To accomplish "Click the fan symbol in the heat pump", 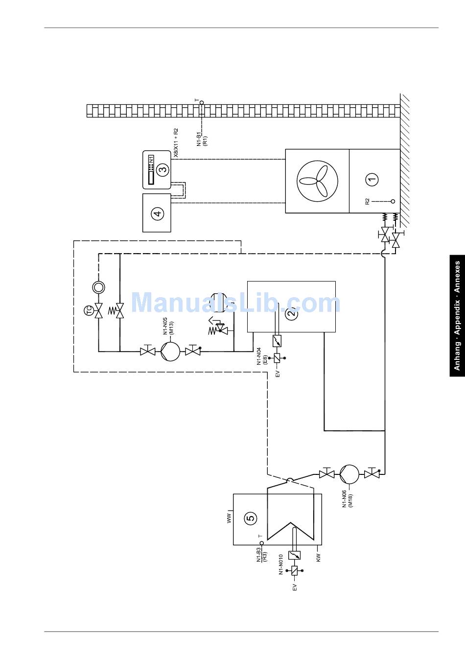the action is [x=317, y=181].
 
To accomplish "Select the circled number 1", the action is [x=372, y=179].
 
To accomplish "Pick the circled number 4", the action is [x=158, y=213].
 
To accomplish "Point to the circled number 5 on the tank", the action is [x=251, y=518].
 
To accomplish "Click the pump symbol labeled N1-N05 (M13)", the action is [x=170, y=352].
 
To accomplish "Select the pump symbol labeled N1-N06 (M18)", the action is [x=349, y=474].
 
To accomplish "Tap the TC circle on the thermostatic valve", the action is [x=88, y=310].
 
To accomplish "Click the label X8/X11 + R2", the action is [x=176, y=143].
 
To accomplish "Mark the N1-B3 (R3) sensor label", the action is [x=262, y=555].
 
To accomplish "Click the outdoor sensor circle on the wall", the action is [x=202, y=102].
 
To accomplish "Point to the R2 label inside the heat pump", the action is [x=367, y=202].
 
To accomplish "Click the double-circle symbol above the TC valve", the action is [x=98, y=287].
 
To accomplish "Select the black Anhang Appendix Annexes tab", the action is [x=457, y=316].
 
